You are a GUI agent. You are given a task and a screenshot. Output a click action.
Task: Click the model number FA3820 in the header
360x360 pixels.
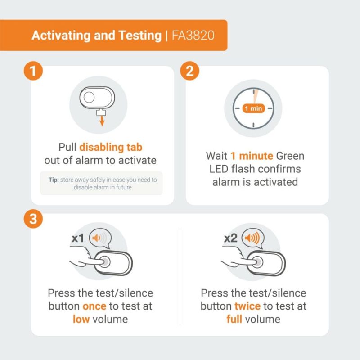coord(193,36)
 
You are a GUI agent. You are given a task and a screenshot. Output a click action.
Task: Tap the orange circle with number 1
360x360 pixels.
coord(33,71)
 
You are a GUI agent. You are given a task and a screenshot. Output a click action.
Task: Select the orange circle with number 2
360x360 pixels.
coord(189,71)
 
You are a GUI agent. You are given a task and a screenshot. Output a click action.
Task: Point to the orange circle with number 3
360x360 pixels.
coord(33,219)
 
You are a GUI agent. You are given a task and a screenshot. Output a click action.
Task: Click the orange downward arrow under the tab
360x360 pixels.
coord(102,121)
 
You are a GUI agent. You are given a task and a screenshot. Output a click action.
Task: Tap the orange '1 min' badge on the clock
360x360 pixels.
coord(253,108)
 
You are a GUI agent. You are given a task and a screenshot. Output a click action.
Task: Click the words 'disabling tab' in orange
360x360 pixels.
coord(111,147)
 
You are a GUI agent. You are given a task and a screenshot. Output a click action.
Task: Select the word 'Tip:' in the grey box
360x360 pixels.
coord(54,180)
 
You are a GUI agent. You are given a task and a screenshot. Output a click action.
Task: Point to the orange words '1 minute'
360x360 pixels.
coord(252,156)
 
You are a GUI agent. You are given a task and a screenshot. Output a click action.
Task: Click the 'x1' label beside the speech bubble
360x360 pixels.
coord(78,238)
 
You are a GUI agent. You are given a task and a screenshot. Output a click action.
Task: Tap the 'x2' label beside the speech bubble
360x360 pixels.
coord(231,238)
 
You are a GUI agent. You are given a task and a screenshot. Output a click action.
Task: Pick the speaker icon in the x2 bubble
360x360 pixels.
coord(252,238)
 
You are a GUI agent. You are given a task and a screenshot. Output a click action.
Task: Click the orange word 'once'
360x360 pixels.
coord(94,306)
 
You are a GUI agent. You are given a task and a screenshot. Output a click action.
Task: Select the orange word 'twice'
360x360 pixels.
coord(247,306)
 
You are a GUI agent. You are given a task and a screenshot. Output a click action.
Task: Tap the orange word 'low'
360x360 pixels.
coord(81,319)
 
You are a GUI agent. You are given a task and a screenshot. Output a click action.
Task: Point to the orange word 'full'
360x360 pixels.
coord(234,319)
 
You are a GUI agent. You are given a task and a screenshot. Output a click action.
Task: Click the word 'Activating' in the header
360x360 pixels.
coord(61,36)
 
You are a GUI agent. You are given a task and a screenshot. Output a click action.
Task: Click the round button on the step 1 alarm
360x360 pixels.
coord(89,97)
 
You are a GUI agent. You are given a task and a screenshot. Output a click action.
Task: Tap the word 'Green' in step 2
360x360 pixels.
coord(290,156)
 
